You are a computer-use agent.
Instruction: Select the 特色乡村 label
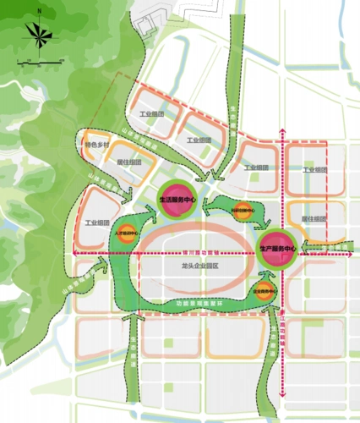pyautogui.click(x=97, y=145)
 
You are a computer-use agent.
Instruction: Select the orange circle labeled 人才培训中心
pyautogui.click(x=123, y=233)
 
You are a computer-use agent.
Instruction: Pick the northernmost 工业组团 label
pyautogui.click(x=150, y=115)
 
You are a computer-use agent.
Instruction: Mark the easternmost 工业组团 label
pyautogui.click(x=314, y=170)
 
